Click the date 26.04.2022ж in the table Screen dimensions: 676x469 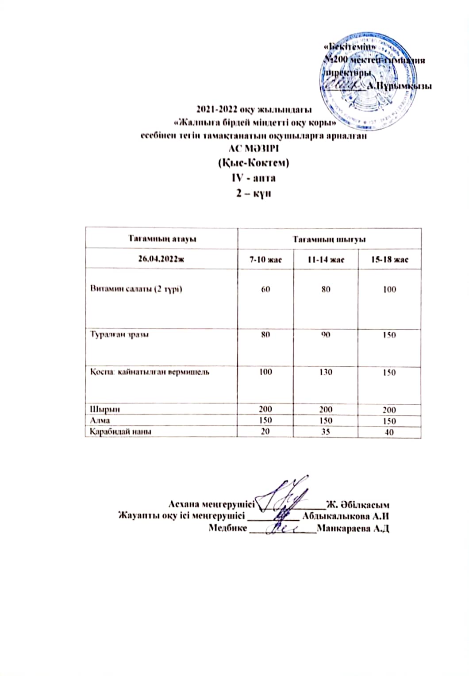161,259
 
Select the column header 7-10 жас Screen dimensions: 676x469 265,259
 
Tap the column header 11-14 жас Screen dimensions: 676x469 326,259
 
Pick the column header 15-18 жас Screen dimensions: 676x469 389,259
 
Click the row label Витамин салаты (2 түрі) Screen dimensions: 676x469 136,289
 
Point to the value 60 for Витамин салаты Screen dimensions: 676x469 265,289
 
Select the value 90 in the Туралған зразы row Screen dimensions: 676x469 326,334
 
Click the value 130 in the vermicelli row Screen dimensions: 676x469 326,372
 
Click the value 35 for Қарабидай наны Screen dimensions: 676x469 326,431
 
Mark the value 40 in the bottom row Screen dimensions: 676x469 389,432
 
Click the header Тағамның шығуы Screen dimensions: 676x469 329,239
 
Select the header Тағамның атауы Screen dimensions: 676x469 162,239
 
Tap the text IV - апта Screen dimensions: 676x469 254,178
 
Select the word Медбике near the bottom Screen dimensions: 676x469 227,528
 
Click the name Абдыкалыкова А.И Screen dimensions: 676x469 346,516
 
